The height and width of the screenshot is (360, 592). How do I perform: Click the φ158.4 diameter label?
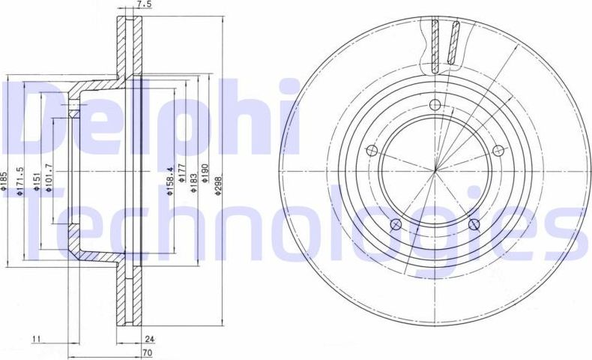click(170, 180)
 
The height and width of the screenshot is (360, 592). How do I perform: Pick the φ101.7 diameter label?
click(48, 177)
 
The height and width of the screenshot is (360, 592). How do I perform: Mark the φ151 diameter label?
click(36, 182)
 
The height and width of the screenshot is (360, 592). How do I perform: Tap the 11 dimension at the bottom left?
click(35, 339)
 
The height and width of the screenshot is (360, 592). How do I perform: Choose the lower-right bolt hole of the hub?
click(473, 223)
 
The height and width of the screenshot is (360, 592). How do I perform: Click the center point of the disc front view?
click(435, 171)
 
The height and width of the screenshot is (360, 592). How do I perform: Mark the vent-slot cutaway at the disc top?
click(445, 44)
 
